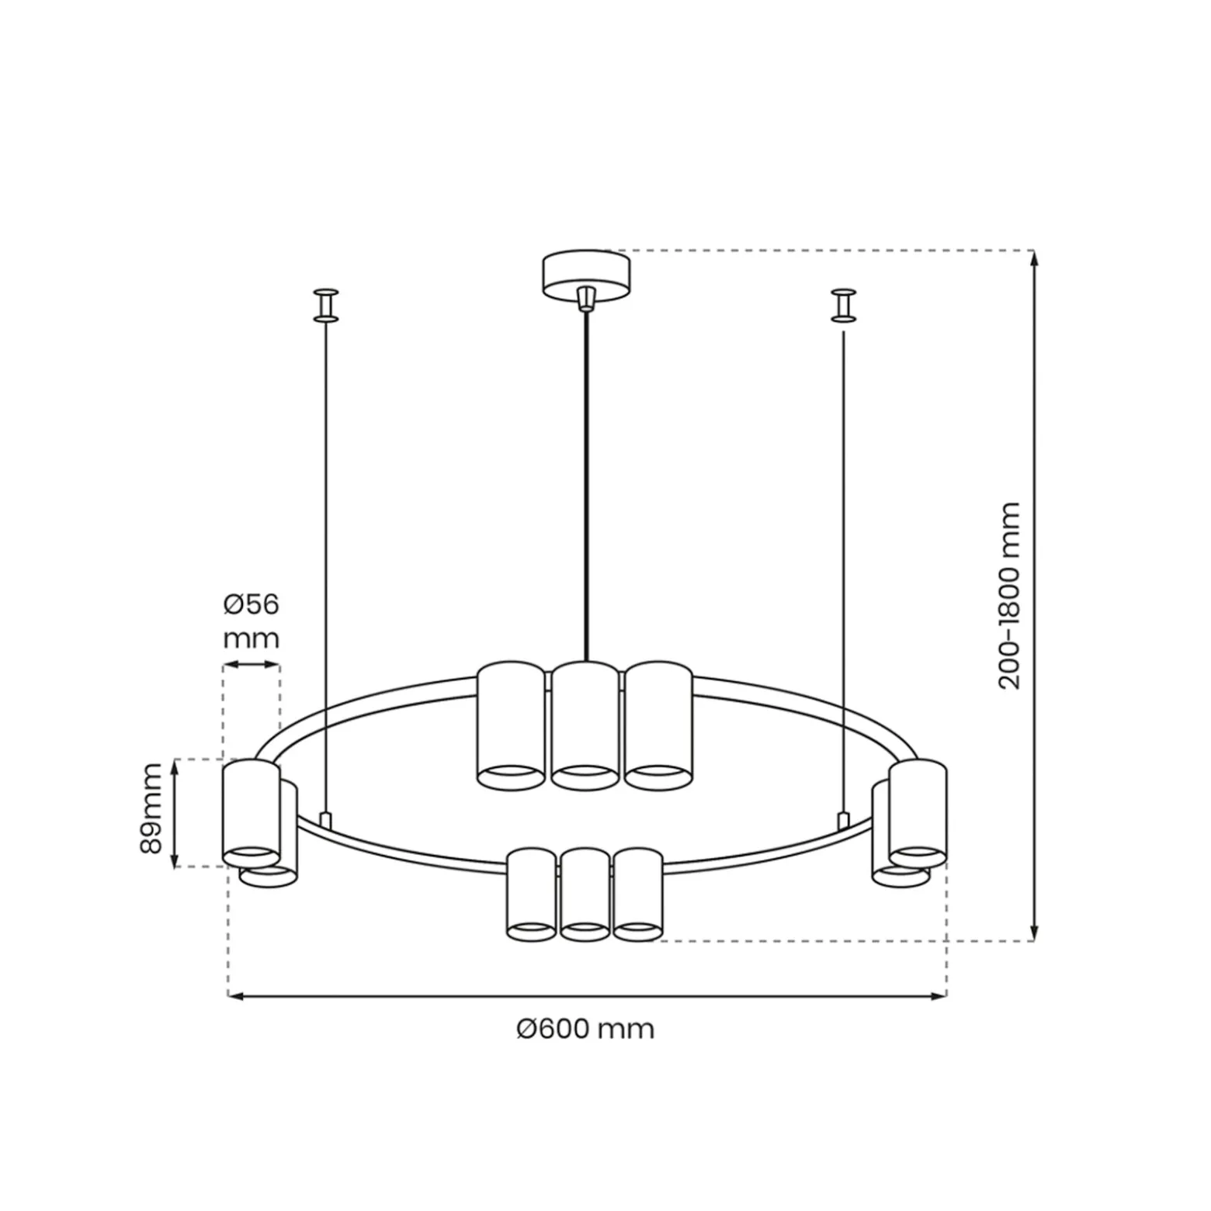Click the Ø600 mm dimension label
click(585, 1029)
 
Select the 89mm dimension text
click(151, 809)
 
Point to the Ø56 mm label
click(251, 621)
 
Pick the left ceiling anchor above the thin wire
click(326, 305)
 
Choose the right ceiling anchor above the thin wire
click(844, 305)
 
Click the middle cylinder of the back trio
click(585, 725)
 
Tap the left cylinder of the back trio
click(511, 725)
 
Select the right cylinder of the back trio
click(658, 725)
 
